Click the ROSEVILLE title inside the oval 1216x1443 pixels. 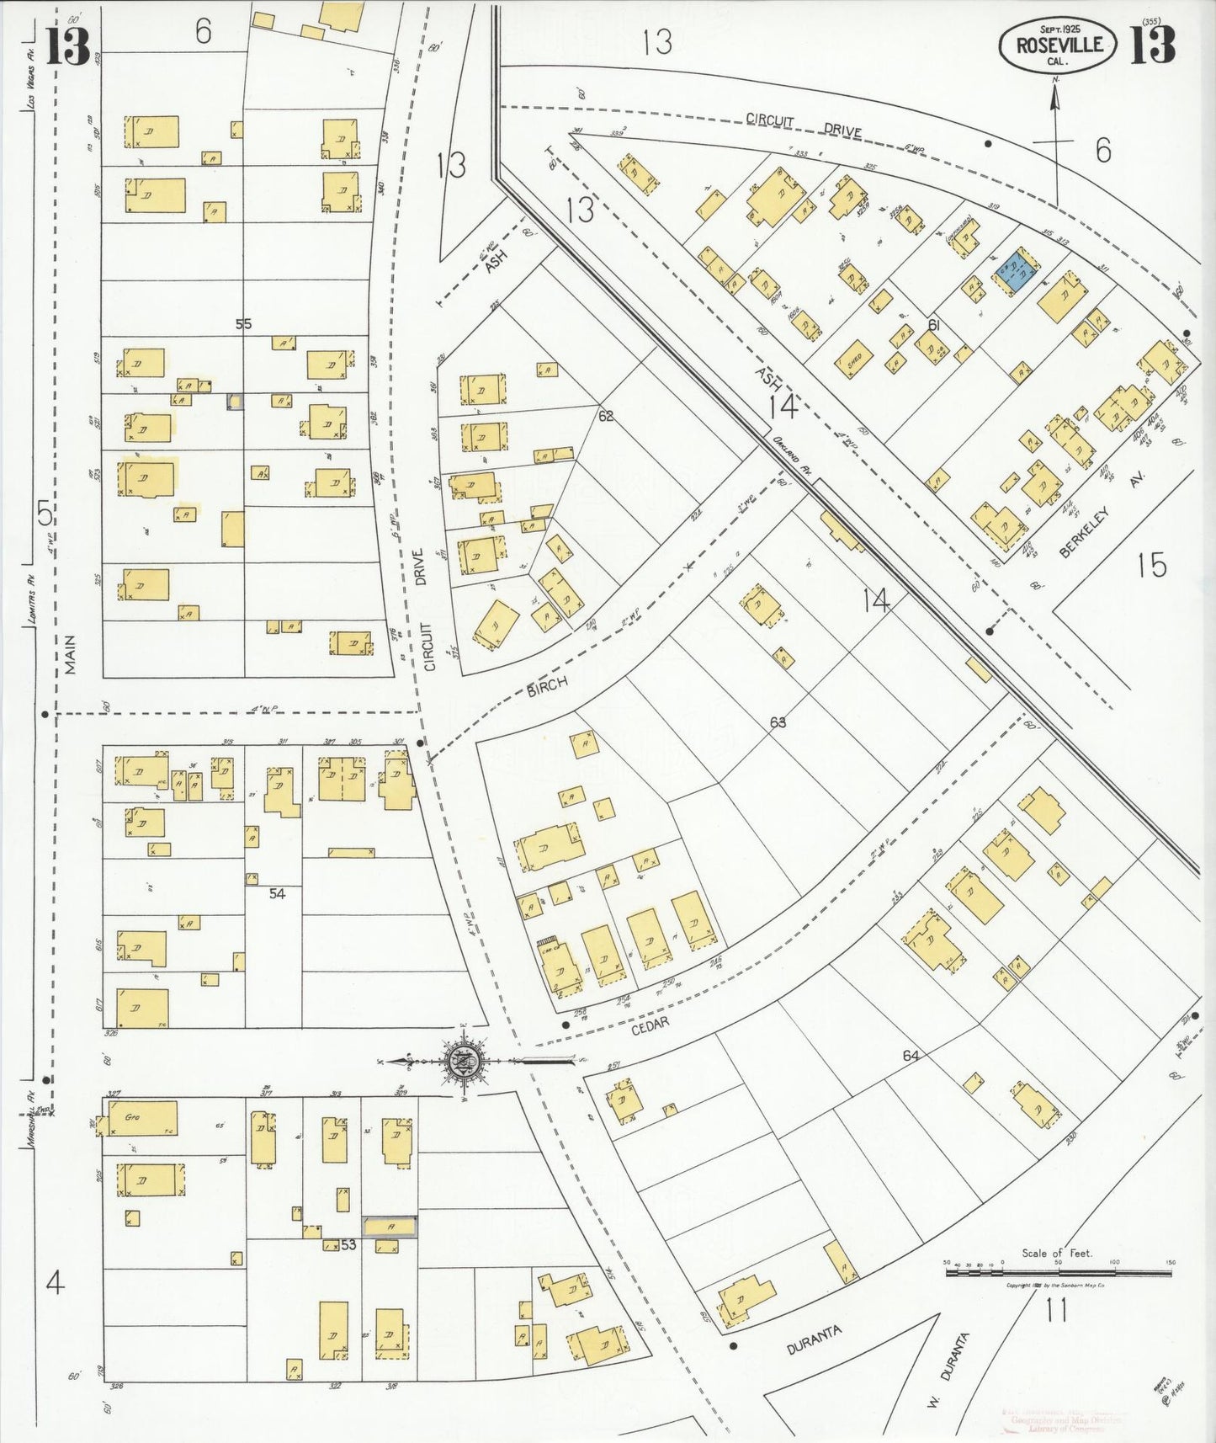(1059, 45)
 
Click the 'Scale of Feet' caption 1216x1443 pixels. (1057, 1253)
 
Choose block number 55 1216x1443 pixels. (243, 324)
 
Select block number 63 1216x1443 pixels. (777, 722)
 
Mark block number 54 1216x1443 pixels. (278, 893)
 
